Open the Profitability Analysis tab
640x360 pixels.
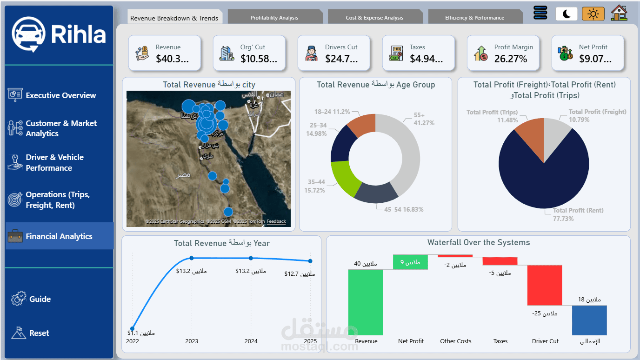pos(274,18)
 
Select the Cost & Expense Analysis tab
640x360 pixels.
pos(374,18)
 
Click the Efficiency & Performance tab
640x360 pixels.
pos(474,18)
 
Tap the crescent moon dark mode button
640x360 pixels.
pos(566,14)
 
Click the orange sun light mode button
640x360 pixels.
pos(593,14)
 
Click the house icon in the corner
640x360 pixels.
pos(619,13)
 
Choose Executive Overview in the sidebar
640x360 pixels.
pos(60,95)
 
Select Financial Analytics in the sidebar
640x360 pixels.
pos(59,236)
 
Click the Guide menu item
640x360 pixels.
pos(40,299)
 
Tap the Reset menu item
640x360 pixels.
pos(39,333)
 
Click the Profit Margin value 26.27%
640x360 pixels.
pos(511,59)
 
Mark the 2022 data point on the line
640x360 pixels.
pos(133,328)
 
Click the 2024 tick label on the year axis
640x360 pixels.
pos(251,341)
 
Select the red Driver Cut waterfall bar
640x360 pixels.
pos(545,285)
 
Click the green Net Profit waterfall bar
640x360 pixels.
pos(411,262)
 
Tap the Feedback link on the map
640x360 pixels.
pos(276,221)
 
